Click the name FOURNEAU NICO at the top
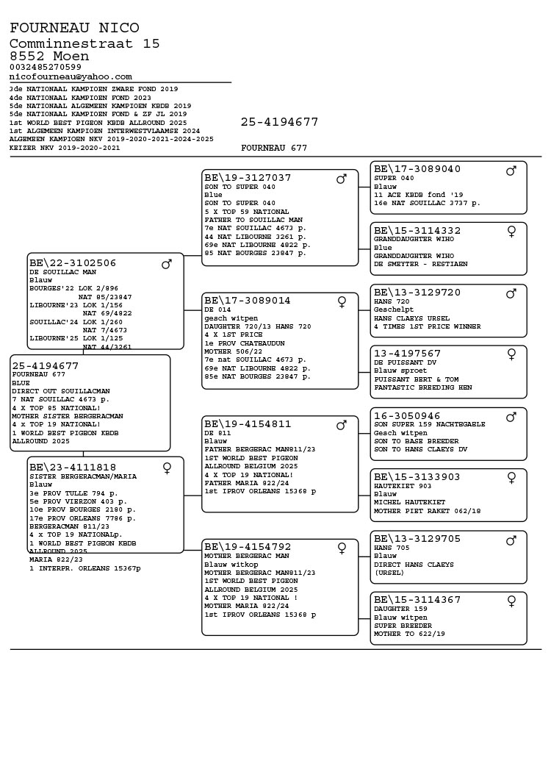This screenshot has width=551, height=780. click(x=74, y=28)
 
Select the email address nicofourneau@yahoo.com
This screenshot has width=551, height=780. click(x=71, y=76)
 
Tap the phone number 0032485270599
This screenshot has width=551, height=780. click(x=46, y=67)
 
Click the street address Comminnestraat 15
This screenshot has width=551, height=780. click(x=84, y=43)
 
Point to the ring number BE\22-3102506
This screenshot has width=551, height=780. click(x=73, y=262)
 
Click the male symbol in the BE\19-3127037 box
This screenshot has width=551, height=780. click(x=342, y=179)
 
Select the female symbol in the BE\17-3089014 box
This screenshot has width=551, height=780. click(x=342, y=301)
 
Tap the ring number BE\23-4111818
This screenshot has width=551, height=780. click(x=73, y=467)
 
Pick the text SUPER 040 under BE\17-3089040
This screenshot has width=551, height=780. click(x=394, y=178)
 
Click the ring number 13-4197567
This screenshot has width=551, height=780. click(x=407, y=354)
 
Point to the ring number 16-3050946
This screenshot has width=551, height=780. click(x=407, y=415)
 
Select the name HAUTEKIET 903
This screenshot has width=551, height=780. click(x=403, y=486)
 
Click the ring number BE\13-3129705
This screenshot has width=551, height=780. click(x=417, y=538)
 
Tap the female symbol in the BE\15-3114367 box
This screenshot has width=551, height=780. click(x=511, y=601)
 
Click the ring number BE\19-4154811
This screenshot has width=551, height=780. click(x=248, y=424)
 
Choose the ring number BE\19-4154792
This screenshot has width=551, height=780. click(x=248, y=547)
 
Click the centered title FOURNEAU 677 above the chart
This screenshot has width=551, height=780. click(x=274, y=148)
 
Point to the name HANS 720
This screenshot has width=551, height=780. click(x=392, y=301)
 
